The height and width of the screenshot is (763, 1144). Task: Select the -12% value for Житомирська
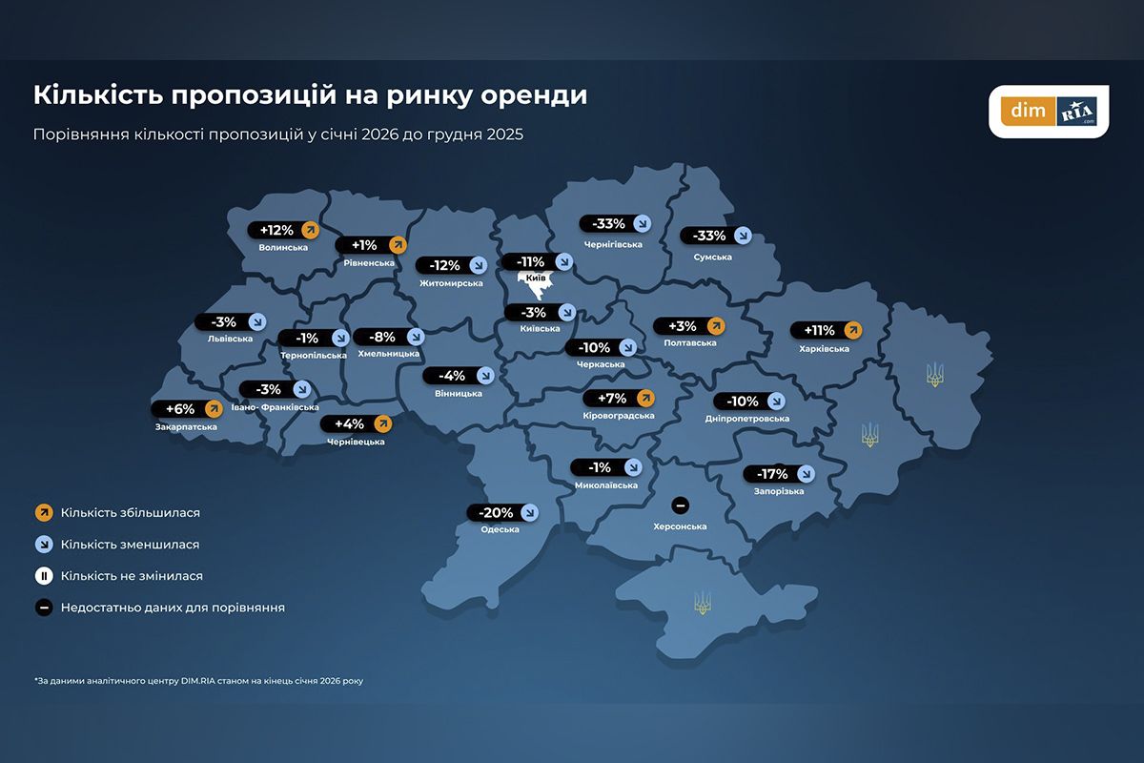[445, 265]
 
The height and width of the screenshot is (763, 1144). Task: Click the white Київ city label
[535, 278]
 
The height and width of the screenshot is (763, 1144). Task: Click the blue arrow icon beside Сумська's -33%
[743, 236]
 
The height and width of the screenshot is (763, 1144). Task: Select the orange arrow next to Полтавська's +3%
[716, 326]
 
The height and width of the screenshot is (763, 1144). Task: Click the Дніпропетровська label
[747, 419]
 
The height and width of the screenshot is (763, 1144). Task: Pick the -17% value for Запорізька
[772, 474]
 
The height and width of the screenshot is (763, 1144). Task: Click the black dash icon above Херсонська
[680, 505]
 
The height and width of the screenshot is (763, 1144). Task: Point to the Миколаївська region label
[606, 485]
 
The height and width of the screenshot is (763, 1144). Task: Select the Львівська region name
[230, 339]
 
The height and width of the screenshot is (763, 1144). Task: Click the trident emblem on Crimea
[703, 602]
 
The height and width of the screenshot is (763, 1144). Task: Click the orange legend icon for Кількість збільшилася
[43, 513]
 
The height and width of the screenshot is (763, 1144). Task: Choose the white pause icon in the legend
[43, 576]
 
